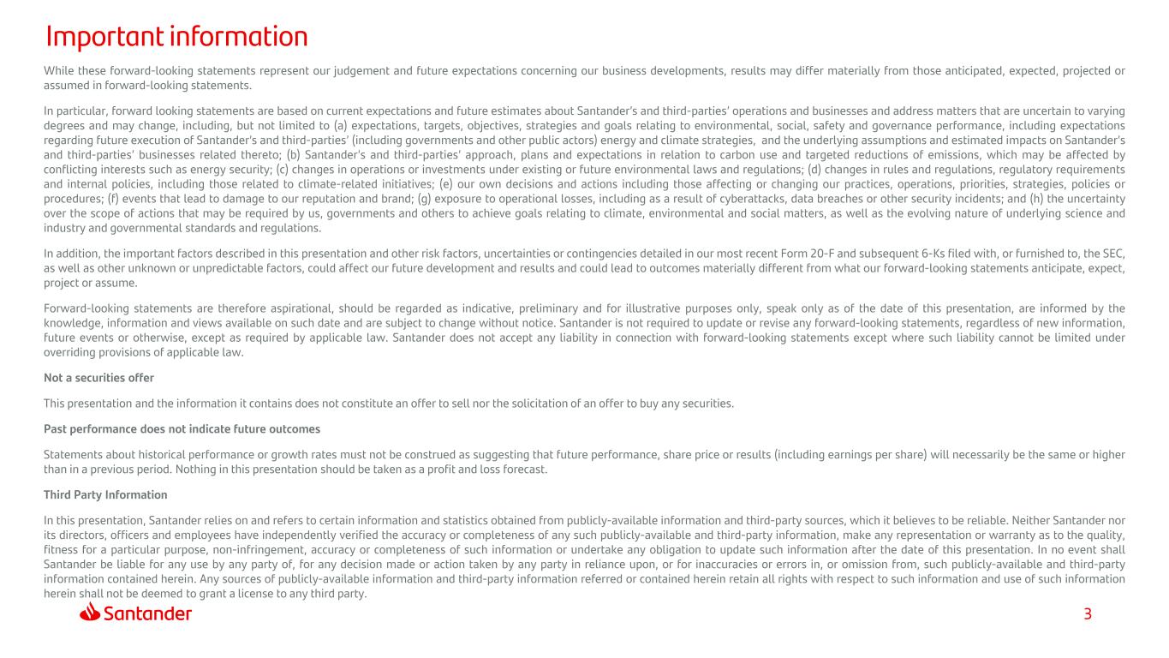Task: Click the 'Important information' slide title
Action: pyautogui.click(x=176, y=37)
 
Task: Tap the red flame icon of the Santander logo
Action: pyautogui.click(x=91, y=613)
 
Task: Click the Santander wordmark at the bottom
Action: pyautogui.click(x=148, y=613)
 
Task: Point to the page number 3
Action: pyautogui.click(x=1088, y=613)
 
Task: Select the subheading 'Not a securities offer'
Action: pyautogui.click(x=98, y=378)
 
